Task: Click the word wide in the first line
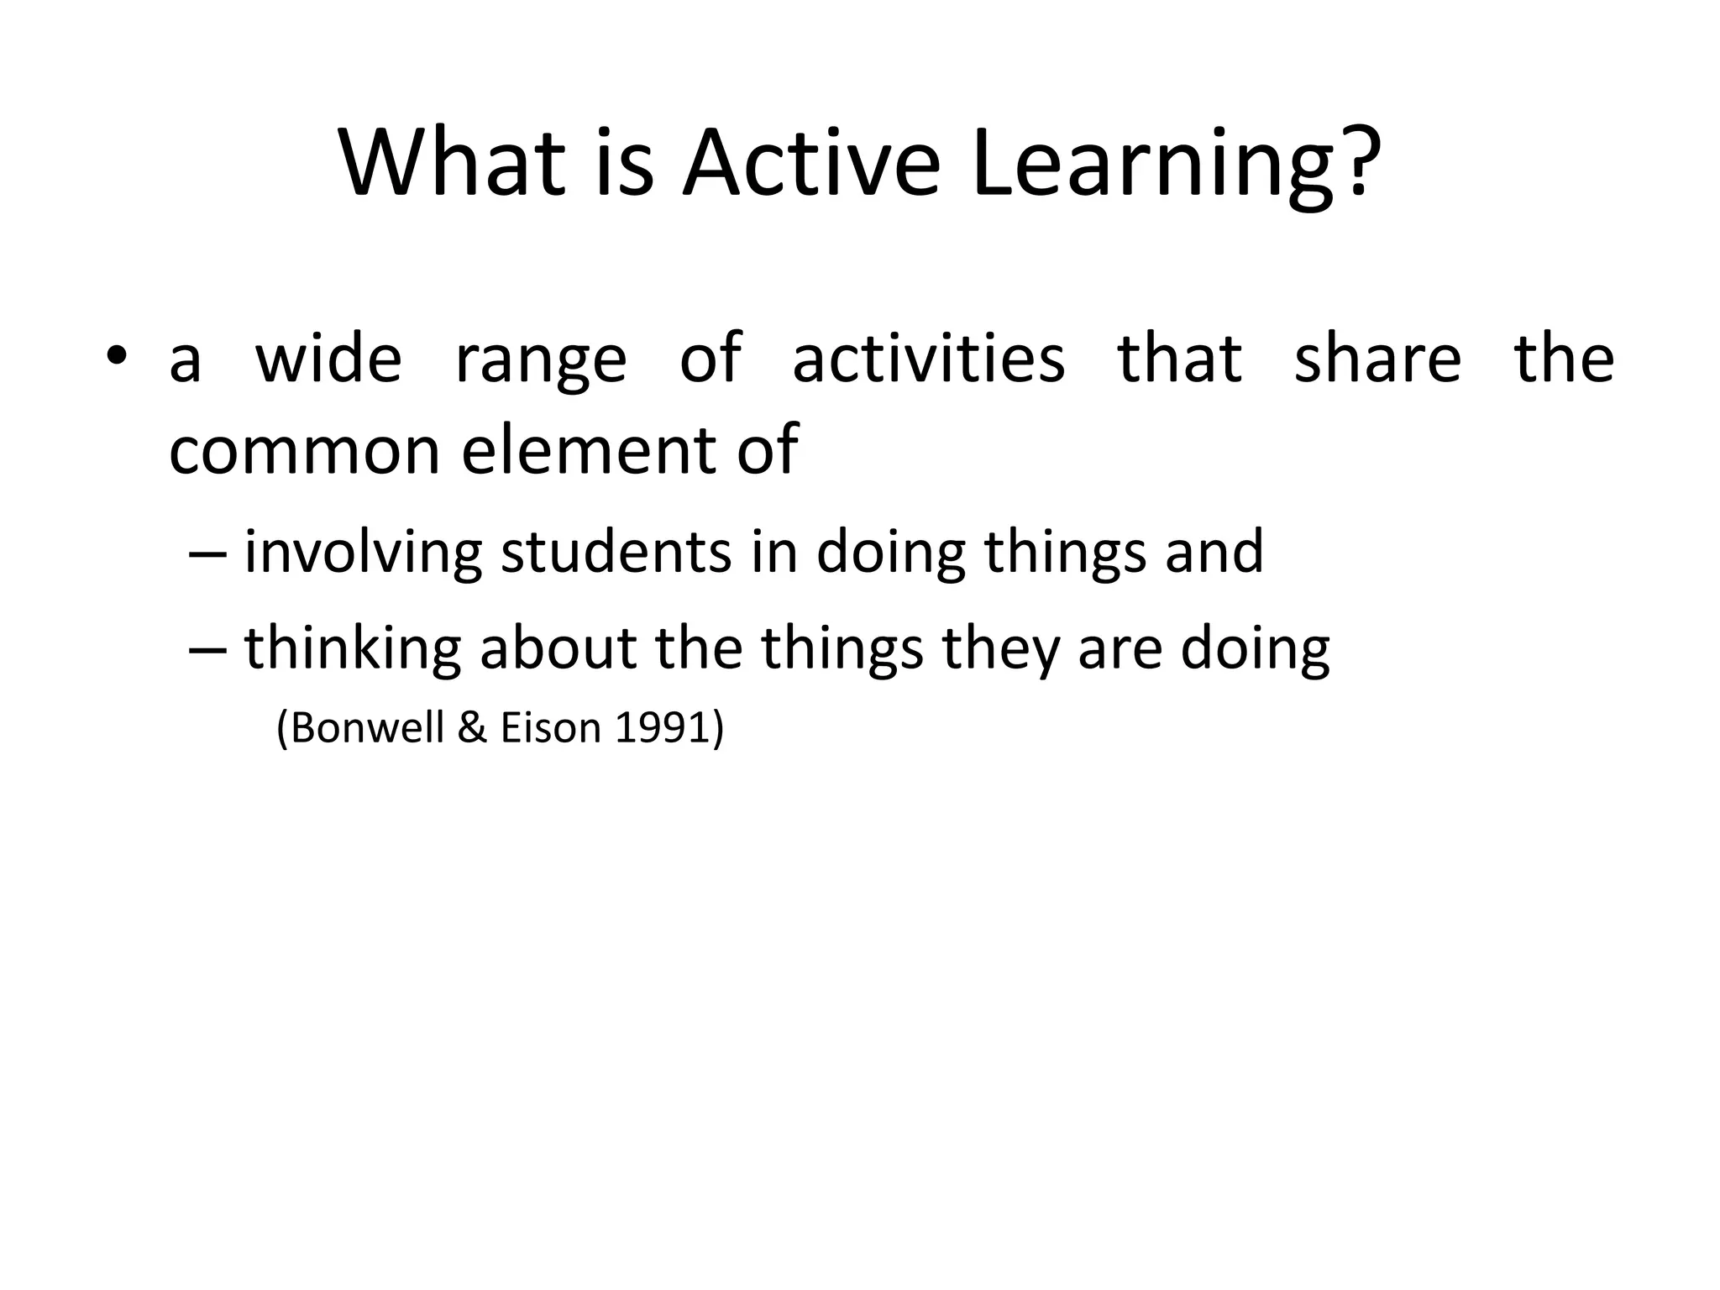328,359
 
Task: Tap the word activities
928,359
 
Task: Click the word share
1377,359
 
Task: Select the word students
616,552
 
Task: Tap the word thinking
353,649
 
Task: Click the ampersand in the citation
473,727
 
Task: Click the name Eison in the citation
550,727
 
